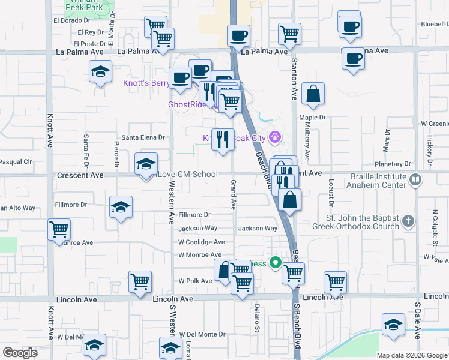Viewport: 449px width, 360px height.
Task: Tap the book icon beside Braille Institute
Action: [415, 179]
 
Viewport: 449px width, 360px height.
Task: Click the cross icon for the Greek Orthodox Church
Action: [408, 221]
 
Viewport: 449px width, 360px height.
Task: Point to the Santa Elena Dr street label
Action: [143, 137]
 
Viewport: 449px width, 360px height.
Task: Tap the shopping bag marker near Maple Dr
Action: [313, 95]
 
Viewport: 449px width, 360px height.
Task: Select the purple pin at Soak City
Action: [276, 137]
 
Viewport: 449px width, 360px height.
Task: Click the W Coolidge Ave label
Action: [201, 242]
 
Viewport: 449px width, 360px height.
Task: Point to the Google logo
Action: [19, 353]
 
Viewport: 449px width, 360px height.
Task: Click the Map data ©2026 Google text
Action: [412, 355]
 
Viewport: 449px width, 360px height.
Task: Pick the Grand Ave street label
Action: [233, 194]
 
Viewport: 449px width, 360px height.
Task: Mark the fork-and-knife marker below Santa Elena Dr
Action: [223, 139]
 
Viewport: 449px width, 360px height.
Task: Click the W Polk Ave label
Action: [195, 281]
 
